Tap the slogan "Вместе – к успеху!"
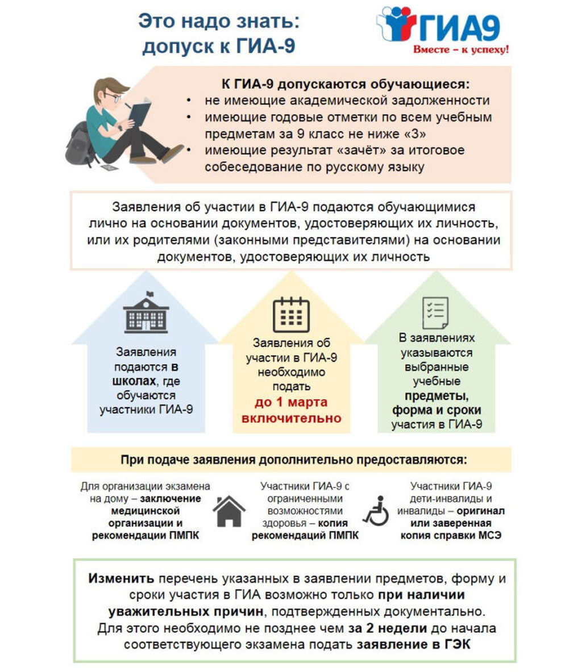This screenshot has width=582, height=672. [460, 49]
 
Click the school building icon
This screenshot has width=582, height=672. [146, 314]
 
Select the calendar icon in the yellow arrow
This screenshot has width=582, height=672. [291, 315]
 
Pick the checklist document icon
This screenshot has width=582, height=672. [435, 313]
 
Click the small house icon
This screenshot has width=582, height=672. [229, 511]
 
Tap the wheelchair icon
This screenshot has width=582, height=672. [376, 511]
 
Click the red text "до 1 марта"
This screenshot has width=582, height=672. [291, 402]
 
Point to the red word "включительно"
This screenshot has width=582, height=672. [291, 418]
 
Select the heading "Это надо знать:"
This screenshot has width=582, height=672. [218, 23]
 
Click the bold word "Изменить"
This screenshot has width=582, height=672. [121, 579]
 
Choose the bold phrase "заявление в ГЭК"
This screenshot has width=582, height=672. [413, 645]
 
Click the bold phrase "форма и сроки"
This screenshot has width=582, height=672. [436, 410]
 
